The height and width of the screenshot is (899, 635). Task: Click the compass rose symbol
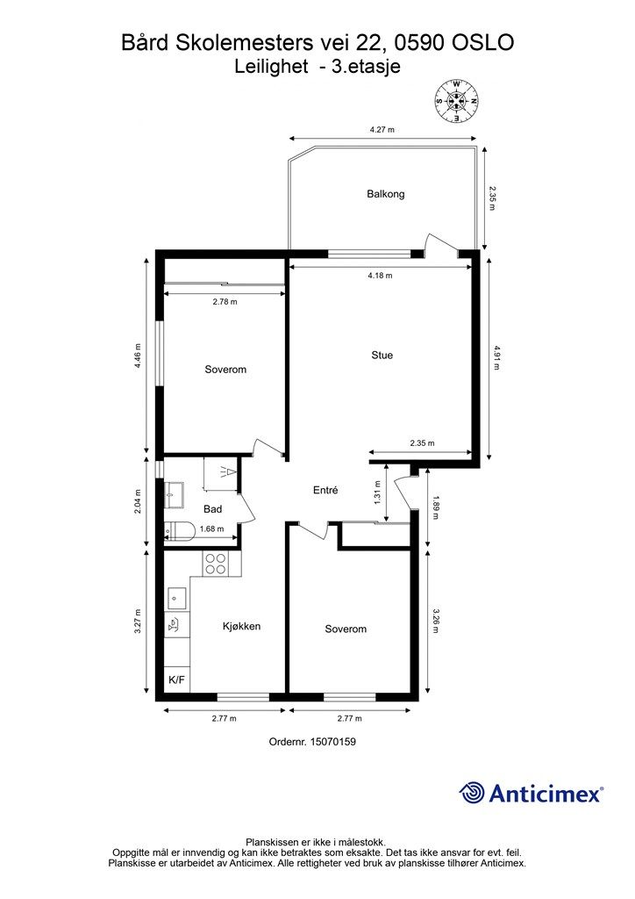tap(456, 101)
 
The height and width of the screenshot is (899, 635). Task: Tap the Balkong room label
tap(385, 194)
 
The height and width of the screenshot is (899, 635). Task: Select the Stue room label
tap(382, 355)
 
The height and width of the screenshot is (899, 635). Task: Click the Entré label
tap(325, 490)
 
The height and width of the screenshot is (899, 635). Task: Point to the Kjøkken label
tap(241, 626)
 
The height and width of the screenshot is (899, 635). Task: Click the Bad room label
tap(212, 509)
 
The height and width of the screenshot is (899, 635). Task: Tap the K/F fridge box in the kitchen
tap(177, 680)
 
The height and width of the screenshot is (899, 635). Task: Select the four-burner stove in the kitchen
tap(215, 563)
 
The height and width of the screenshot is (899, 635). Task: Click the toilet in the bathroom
tap(180, 531)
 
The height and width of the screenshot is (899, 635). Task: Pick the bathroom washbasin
tap(174, 495)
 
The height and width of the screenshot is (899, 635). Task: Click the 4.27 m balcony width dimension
tap(382, 130)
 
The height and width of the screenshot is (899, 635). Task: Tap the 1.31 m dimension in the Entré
tap(377, 493)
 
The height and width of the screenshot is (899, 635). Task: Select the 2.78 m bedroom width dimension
tap(225, 302)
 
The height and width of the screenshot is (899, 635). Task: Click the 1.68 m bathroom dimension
tap(211, 529)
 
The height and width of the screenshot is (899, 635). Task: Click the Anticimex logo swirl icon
tap(471, 793)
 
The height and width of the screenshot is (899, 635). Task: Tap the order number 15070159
tap(332, 741)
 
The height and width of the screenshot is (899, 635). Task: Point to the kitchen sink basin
tap(175, 598)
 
